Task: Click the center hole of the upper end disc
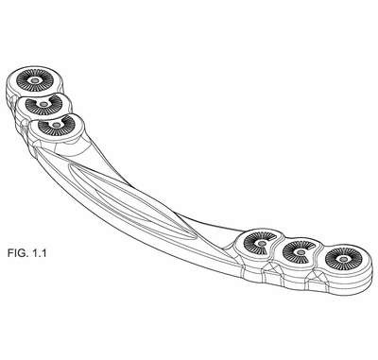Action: tap(35, 80)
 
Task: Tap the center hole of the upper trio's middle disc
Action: tap(44, 104)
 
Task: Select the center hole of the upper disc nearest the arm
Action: tap(57, 125)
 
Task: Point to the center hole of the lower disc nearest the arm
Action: tap(262, 243)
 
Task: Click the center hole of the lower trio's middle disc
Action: tap(301, 252)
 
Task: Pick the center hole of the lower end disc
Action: tap(343, 259)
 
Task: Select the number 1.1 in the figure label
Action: tap(39, 253)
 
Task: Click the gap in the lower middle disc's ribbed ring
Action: tap(312, 249)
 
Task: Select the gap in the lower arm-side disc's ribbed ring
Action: tap(271, 239)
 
